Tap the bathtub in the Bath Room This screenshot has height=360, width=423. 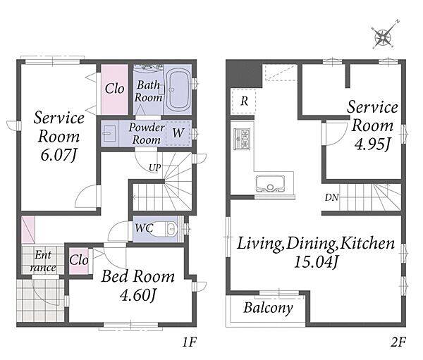[x=177, y=89]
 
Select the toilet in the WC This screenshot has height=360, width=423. [x=166, y=229]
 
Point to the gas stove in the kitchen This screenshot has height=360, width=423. [x=243, y=139]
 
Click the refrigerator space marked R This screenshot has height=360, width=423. [x=244, y=101]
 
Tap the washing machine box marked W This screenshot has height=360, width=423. [x=178, y=133]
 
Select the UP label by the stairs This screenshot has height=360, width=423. [x=155, y=168]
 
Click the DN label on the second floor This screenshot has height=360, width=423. [x=331, y=198]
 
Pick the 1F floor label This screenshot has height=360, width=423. [x=189, y=342]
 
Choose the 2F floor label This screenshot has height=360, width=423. [x=398, y=342]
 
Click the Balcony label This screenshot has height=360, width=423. [x=268, y=308]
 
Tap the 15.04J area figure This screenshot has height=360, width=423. [x=316, y=261]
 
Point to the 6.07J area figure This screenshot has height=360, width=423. [x=59, y=155]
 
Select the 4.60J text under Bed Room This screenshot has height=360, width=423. [x=137, y=295]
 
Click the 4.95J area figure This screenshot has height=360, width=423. [x=372, y=144]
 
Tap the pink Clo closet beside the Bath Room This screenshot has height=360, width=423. [x=114, y=89]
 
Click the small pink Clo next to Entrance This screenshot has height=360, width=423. [x=78, y=261]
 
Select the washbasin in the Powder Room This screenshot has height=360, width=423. [x=110, y=133]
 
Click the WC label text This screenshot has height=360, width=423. [x=144, y=228]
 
